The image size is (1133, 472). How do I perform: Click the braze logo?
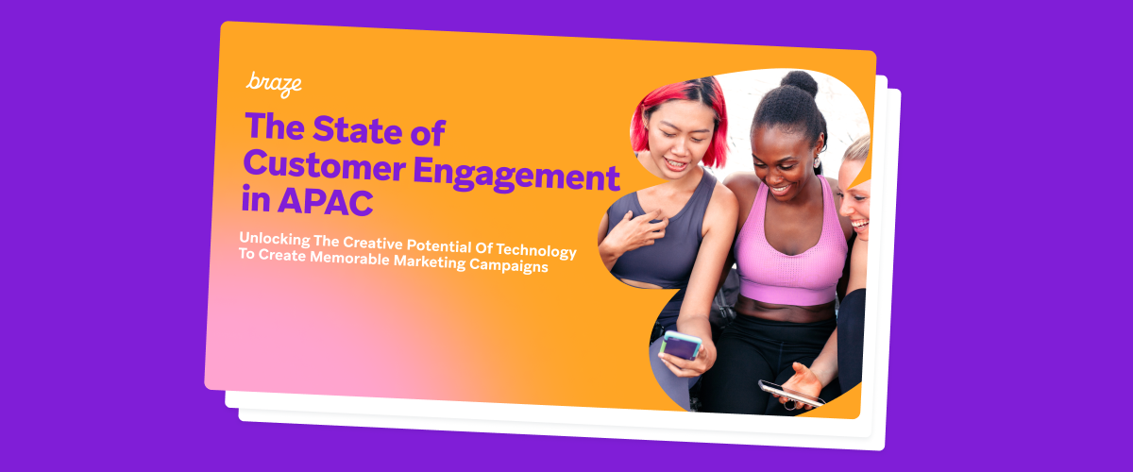(275, 83)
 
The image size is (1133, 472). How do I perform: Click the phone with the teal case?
(680, 346)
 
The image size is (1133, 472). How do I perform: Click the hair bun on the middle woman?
(799, 84)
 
